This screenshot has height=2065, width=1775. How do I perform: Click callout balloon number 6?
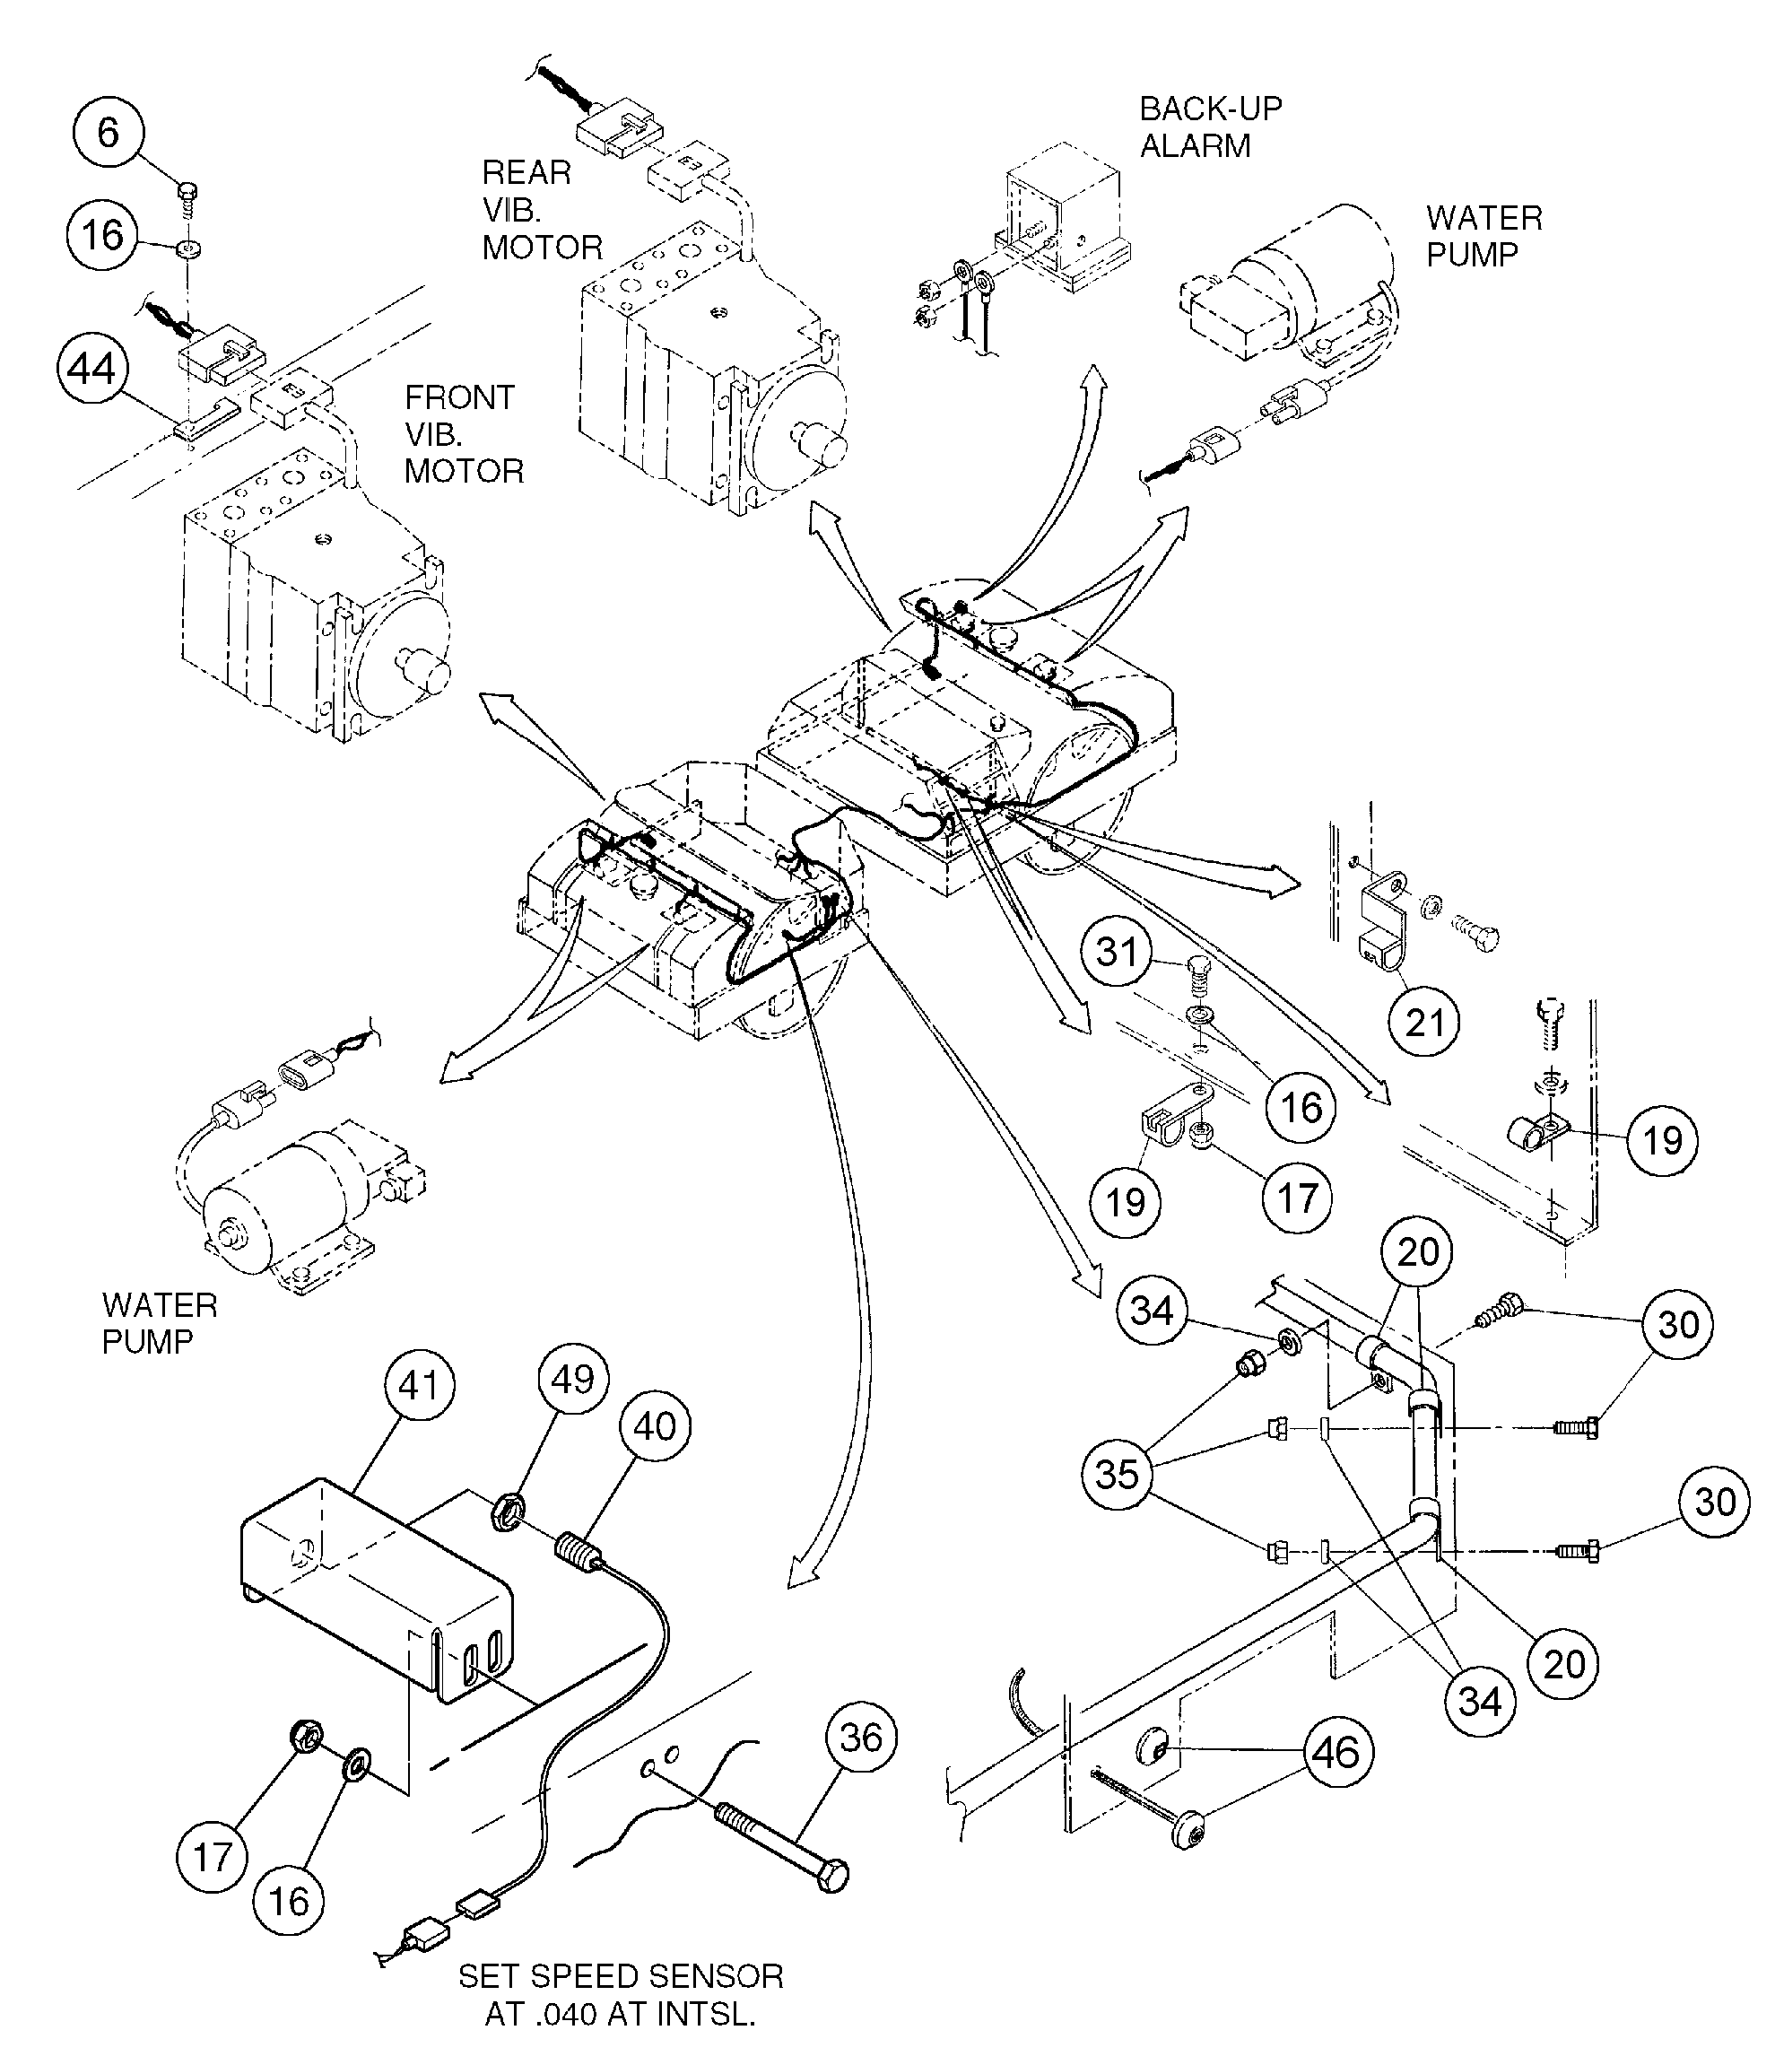[x=108, y=133]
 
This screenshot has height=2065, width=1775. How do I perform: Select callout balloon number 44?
[x=91, y=370]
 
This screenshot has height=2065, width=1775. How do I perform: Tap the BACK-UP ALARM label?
[x=1210, y=126]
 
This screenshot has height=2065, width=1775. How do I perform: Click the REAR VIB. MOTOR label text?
[x=541, y=210]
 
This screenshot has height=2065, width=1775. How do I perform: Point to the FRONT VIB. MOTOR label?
[x=464, y=434]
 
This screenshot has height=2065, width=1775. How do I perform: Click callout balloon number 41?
[x=419, y=1384]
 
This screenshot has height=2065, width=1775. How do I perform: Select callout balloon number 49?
[x=572, y=1380]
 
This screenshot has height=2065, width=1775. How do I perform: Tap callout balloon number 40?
[x=654, y=1426]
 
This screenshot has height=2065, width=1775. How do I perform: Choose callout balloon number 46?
[x=1336, y=1752]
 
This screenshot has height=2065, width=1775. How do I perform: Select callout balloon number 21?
[x=1424, y=1023]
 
